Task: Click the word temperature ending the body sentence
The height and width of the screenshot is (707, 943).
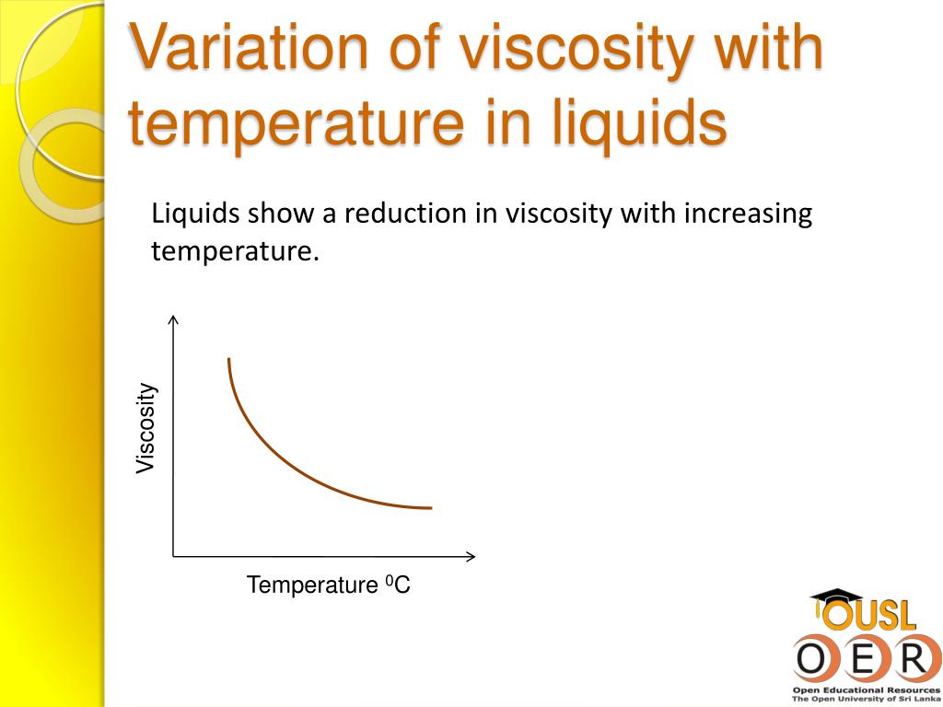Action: [234, 250]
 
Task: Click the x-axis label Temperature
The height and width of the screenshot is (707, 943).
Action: [312, 585]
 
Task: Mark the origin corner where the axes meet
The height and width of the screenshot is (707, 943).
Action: [173, 556]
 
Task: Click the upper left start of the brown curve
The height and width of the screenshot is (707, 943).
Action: [228, 359]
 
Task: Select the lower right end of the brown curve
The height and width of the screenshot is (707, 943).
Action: [429, 507]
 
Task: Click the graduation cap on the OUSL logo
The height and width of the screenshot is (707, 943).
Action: [835, 597]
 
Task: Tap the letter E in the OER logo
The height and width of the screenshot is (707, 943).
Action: [859, 658]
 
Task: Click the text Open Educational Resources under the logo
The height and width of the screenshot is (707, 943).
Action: [866, 690]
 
